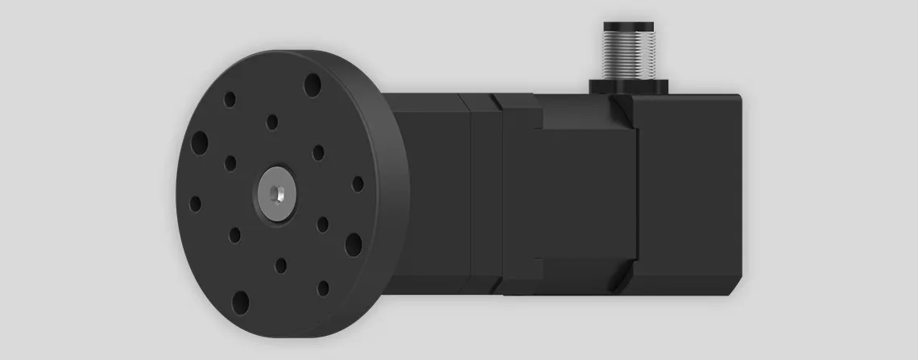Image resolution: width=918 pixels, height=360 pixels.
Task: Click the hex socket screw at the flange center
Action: (x=275, y=194)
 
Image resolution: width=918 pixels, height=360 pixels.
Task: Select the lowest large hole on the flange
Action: (x=240, y=302)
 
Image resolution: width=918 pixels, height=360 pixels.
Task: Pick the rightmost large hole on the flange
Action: (x=353, y=243)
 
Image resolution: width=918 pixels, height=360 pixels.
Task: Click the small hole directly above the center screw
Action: (x=272, y=122)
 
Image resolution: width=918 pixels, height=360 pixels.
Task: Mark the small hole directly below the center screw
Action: (x=280, y=264)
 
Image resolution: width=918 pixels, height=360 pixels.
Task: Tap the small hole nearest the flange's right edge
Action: (x=358, y=184)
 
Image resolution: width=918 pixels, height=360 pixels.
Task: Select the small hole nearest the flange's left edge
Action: (x=195, y=204)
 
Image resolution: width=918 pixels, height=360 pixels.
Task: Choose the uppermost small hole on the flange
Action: (x=229, y=99)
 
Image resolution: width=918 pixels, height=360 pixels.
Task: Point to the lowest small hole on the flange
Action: (x=323, y=288)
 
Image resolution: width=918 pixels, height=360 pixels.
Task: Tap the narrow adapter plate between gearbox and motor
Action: (x=480, y=193)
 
